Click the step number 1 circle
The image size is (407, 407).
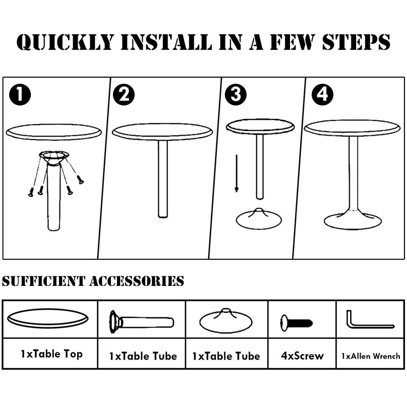[20, 94]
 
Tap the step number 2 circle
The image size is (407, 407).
[124, 94]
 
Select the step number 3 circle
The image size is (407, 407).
[236, 94]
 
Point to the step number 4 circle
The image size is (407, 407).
[322, 94]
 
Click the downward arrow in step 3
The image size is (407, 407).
[237, 173]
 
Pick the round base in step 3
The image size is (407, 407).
[259, 219]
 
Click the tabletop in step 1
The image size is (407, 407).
[54, 132]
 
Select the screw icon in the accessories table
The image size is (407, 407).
[297, 323]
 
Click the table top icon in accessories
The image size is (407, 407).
[48, 318]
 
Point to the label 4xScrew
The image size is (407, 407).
[303, 356]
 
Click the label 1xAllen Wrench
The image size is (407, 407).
[371, 356]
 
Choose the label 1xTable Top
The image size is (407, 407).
[51, 354]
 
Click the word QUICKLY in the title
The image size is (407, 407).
[66, 42]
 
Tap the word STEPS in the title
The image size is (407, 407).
[356, 42]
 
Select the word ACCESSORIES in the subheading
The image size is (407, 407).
[137, 281]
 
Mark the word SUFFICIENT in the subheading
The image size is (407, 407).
[43, 281]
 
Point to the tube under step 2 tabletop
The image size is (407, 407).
[163, 179]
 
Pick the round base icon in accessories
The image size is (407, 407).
[226, 321]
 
